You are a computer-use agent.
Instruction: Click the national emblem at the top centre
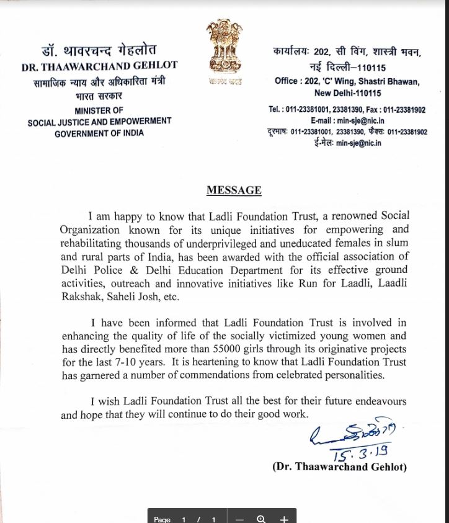(x=225, y=47)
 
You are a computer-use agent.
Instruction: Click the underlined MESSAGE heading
(x=234, y=190)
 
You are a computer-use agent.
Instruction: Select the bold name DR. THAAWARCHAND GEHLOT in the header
(x=99, y=65)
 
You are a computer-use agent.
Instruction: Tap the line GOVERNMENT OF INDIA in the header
(x=99, y=133)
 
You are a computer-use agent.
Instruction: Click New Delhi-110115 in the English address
(x=348, y=93)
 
